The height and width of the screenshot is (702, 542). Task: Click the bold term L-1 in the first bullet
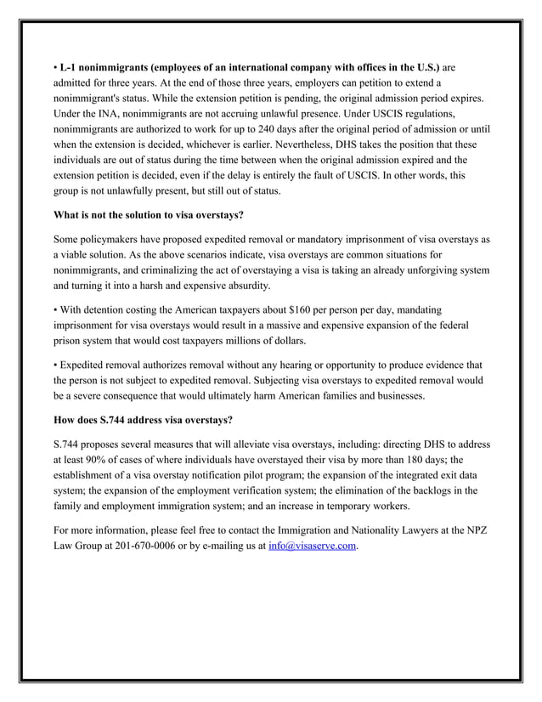(x=68, y=66)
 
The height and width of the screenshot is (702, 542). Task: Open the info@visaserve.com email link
(x=312, y=546)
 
